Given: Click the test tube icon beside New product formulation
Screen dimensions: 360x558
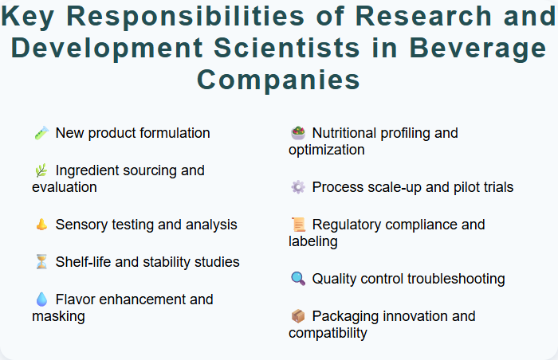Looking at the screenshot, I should [x=41, y=133].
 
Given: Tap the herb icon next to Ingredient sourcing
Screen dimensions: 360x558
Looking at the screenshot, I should [x=41, y=170].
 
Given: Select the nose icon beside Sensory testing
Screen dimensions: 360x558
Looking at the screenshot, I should [x=41, y=225].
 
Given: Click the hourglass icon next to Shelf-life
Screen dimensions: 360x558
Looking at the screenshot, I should [x=41, y=262].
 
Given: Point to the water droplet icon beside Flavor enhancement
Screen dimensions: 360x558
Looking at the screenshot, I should [x=41, y=299].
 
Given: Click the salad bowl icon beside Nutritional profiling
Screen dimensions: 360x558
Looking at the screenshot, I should [x=298, y=133].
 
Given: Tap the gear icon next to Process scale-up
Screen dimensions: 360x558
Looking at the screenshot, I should [x=298, y=187].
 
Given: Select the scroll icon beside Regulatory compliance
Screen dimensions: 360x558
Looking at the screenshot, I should [x=298, y=225].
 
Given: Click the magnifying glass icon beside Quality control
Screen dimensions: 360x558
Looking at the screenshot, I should [x=298, y=279].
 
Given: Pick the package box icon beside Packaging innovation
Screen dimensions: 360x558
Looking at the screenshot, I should [x=298, y=316].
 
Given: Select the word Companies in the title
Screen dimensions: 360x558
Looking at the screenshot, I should [x=278, y=80].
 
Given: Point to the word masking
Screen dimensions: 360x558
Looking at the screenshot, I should [x=58, y=316].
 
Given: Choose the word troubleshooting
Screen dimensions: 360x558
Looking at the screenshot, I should [x=456, y=279].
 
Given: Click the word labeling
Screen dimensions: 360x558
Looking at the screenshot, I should [x=313, y=241].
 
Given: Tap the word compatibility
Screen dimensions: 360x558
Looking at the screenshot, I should [x=328, y=333].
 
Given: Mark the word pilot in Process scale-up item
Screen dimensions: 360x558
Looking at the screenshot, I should [x=462, y=187].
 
